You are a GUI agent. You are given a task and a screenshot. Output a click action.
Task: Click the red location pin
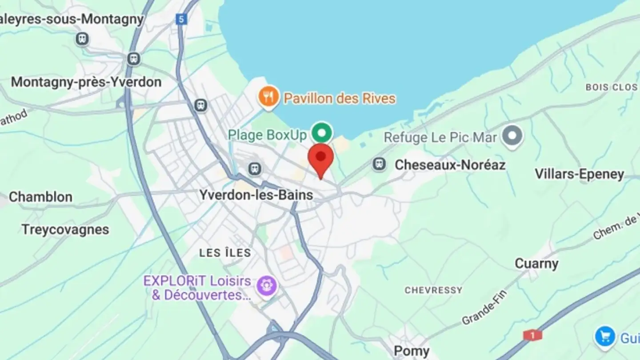point(320,159)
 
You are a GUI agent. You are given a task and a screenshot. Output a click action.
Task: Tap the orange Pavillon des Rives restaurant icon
point(269,97)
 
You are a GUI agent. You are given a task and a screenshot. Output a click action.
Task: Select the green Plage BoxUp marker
point(322,132)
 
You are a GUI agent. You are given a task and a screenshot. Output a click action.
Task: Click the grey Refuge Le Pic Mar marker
point(513,136)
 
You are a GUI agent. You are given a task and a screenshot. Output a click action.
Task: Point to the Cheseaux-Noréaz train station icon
point(379,164)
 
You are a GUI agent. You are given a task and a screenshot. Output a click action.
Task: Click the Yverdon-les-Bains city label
point(256,195)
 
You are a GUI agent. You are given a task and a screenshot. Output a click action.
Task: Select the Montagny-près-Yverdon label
point(86,82)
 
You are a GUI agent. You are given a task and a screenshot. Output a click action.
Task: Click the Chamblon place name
point(40,197)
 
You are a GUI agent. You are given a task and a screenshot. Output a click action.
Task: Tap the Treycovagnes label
point(65,229)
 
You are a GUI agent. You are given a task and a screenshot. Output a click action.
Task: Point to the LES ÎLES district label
point(225,253)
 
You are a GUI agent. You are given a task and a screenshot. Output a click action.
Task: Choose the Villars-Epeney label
point(579,174)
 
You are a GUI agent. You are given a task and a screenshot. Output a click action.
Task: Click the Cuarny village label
point(536,264)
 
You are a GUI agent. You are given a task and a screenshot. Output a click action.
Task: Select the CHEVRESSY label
point(433,290)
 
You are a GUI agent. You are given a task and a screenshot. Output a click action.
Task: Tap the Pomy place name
point(412,352)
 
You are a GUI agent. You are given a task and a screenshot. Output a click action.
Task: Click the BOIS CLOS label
point(611,87)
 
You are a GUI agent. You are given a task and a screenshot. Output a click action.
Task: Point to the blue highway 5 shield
point(181,19)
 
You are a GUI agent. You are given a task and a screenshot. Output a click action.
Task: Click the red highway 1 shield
point(532,335)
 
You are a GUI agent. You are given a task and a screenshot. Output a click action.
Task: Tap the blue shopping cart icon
point(605,336)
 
